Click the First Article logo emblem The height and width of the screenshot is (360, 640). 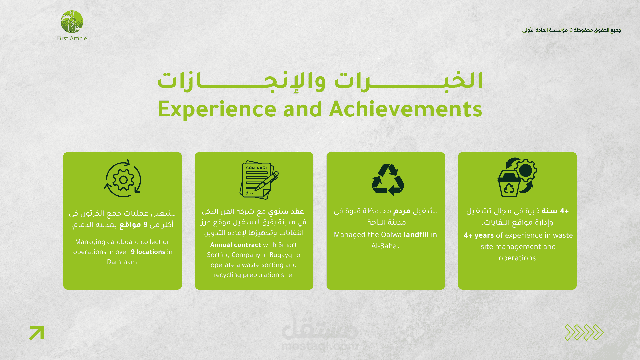pos(72,22)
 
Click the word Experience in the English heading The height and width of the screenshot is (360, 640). pos(217,110)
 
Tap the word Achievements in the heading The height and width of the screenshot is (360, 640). pos(406,109)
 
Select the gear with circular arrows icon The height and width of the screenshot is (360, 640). pos(123,179)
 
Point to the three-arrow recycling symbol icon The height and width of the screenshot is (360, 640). pos(388,179)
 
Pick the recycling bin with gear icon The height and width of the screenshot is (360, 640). pos(517,177)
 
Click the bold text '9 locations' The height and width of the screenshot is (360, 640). pos(148,252)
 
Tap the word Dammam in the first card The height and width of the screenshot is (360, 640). pos(123,262)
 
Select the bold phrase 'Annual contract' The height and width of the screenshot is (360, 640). pos(236,245)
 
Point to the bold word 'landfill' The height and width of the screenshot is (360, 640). pos(416,235)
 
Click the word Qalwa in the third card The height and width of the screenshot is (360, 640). pos(391,235)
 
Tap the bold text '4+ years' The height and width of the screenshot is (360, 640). pos(479,236)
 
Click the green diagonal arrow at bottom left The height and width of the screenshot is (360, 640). pos(37,333)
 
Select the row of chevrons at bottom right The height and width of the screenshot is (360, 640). pos(584,332)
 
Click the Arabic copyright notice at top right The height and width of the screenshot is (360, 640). pos(572,30)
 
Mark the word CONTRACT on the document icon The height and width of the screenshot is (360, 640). pos(257,168)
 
